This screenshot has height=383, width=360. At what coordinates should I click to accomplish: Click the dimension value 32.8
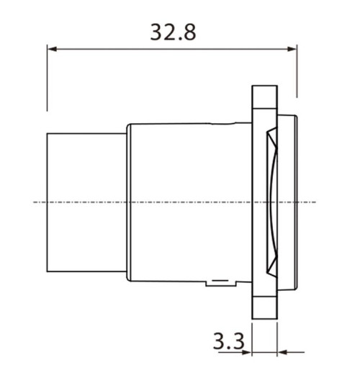point(173,32)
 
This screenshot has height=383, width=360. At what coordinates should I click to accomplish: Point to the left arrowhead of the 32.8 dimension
point(52,50)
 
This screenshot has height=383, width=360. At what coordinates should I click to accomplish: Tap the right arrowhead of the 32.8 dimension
point(292,50)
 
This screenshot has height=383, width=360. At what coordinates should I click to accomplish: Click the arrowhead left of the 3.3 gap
point(247,353)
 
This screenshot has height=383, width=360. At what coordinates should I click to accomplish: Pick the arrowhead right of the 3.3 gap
point(282,353)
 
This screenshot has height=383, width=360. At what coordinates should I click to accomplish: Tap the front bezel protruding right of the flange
point(289,202)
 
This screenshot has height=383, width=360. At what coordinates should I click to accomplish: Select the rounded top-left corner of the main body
point(130,127)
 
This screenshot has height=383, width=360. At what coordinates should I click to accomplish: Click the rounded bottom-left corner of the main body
point(130,278)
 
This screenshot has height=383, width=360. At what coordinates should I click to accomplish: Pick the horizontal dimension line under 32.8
point(173,50)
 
